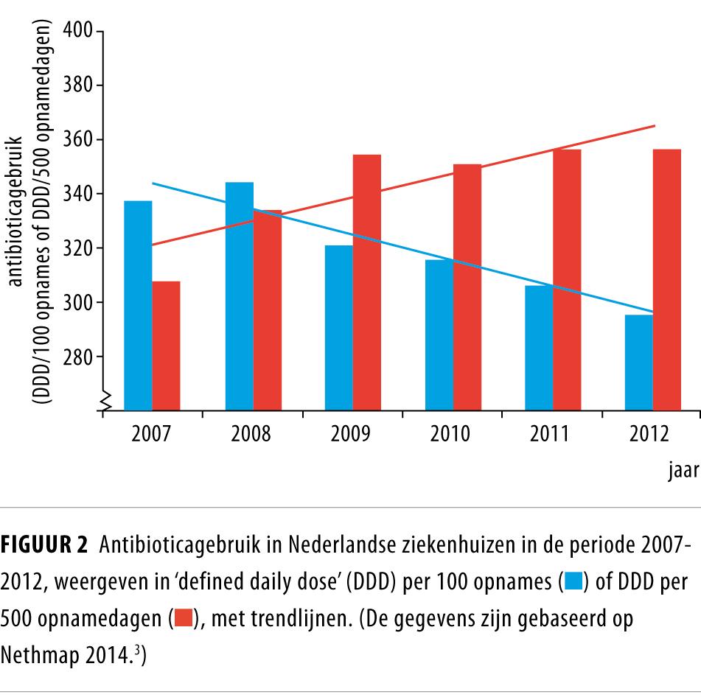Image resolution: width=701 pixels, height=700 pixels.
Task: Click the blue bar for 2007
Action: [138, 305]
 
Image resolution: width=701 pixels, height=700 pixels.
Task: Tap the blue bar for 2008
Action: [239, 295]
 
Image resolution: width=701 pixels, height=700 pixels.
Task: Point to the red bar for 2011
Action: [567, 279]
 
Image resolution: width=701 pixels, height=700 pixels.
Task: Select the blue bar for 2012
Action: [639, 362]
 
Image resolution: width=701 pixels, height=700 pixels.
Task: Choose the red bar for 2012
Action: [667, 279]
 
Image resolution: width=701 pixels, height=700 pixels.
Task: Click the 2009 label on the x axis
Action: [351, 433]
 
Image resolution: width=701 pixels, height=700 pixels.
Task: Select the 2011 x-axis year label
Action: [550, 433]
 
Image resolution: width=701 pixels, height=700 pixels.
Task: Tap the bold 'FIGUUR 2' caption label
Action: [46, 546]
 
